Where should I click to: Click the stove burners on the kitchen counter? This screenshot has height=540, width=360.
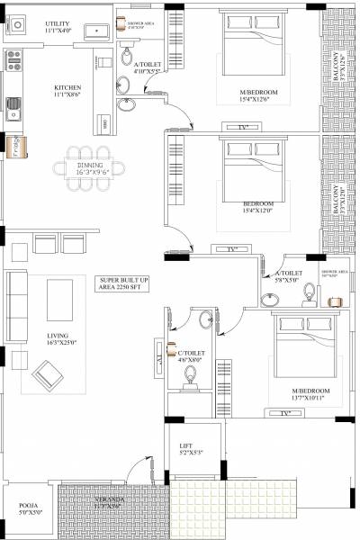13,61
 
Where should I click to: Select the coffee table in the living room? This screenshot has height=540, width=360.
59,299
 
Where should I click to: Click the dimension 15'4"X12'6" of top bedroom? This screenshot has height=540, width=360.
259,100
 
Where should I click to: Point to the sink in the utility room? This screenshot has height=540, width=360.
94,31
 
